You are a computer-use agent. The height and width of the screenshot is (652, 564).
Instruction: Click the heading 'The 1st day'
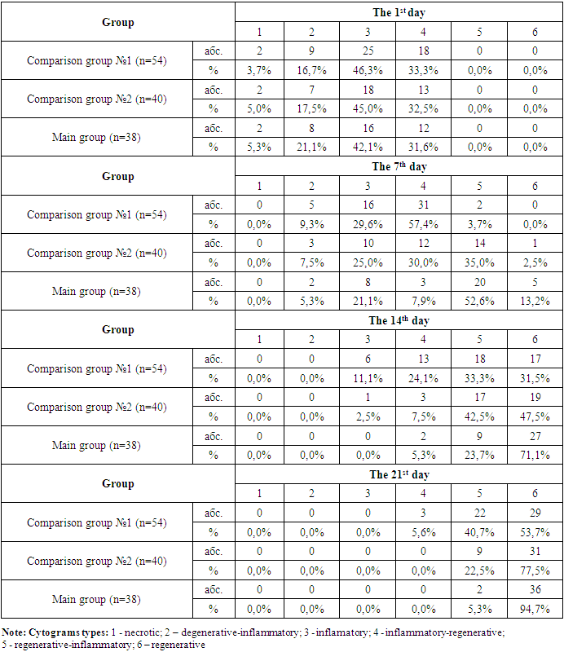[x=399, y=12]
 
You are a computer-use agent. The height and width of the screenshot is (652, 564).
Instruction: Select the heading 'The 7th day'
[x=399, y=166]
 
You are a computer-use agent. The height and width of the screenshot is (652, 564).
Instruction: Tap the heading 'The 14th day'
[x=399, y=320]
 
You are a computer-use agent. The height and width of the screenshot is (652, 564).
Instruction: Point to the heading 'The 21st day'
[x=399, y=474]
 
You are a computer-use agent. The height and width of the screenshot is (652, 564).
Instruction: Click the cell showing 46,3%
[x=368, y=70]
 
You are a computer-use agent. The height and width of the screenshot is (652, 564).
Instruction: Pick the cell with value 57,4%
[x=423, y=224]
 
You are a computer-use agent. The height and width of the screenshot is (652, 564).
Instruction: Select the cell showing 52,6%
[x=478, y=301]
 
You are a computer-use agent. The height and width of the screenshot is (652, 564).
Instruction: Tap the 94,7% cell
[x=534, y=609]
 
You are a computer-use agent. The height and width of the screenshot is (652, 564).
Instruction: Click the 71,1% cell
[x=534, y=455]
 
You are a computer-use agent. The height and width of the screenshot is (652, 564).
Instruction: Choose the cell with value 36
[x=534, y=590]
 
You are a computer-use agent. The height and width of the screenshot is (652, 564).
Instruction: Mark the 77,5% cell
[x=534, y=570]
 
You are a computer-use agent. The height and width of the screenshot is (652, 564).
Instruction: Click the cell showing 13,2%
[x=534, y=301]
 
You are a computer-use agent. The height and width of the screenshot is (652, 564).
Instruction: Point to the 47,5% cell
[x=534, y=416]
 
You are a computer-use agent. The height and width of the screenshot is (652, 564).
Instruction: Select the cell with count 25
[x=368, y=51]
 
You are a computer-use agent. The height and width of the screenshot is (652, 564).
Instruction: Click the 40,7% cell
[x=478, y=532]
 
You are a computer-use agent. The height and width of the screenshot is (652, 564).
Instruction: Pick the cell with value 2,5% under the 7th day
[x=534, y=262]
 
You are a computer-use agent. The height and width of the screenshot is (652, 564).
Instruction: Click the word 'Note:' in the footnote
[x=14, y=632]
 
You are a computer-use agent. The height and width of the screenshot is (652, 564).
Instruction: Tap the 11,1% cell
[x=368, y=378]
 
